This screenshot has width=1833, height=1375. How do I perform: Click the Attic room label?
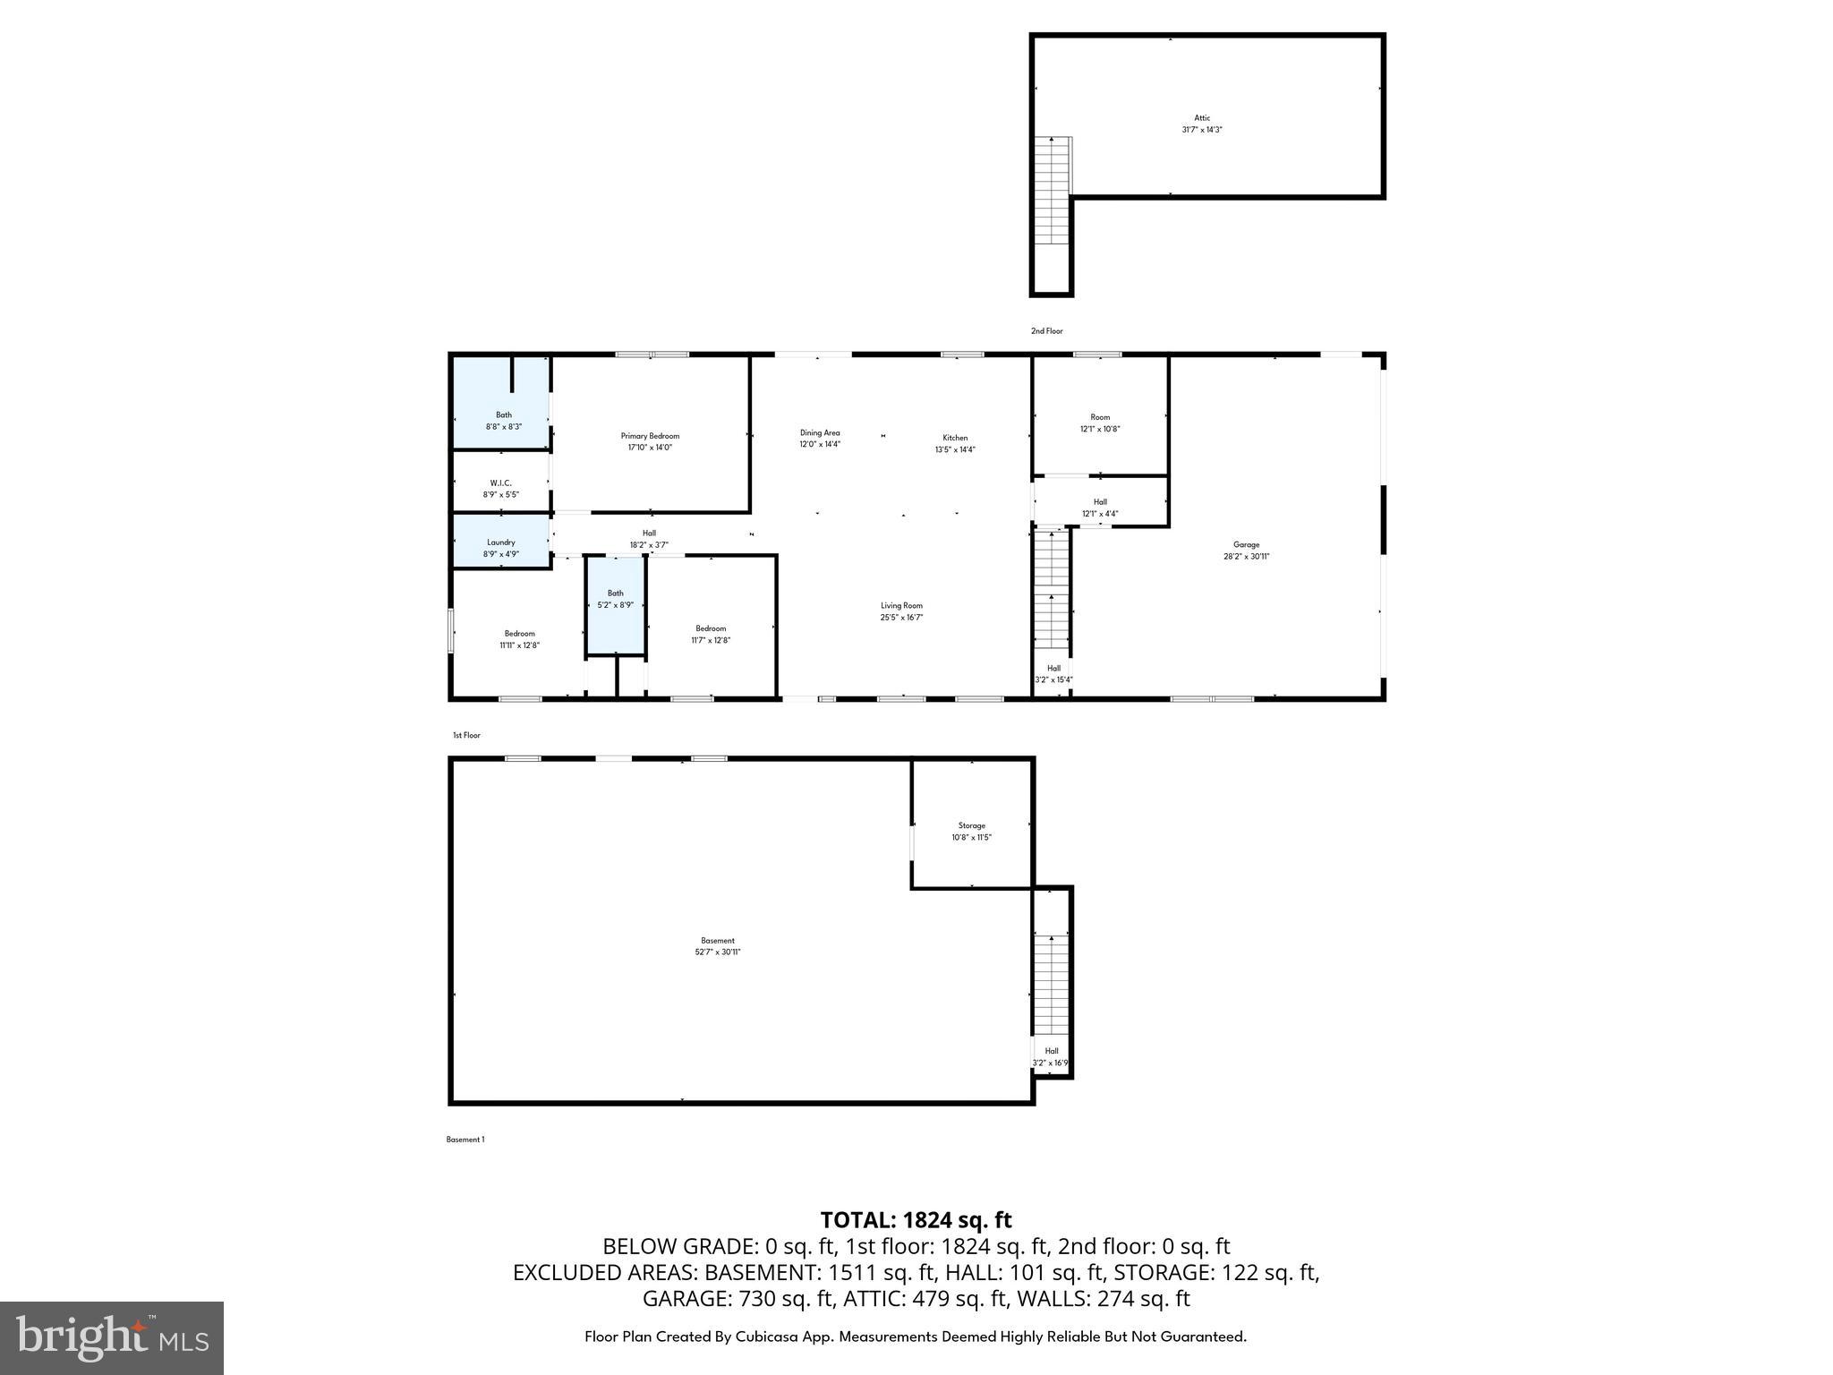1201,118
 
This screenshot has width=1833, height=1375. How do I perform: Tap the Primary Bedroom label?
650,436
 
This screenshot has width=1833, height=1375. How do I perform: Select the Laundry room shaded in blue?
500,542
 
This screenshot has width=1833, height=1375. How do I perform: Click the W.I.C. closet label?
500,483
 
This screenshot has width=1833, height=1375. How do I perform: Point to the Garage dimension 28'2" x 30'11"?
1246,557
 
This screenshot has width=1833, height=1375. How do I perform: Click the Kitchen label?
954,438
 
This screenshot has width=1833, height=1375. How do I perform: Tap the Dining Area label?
819,433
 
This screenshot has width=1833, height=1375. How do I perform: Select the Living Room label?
900,606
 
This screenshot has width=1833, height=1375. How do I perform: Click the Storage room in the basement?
971,826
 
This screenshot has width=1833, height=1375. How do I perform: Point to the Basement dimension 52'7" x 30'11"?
717,952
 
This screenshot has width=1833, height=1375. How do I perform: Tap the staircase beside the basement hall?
1051,984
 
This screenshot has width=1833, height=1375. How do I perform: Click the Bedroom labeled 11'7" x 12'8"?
711,634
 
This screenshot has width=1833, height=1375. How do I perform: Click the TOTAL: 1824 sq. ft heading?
916,1220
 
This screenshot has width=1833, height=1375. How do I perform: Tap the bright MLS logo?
112,1337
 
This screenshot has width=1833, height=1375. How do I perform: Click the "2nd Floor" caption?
1046,331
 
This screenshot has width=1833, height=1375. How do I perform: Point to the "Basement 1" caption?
465,1140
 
